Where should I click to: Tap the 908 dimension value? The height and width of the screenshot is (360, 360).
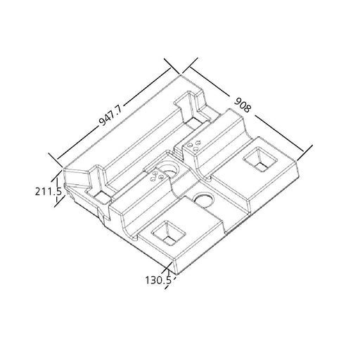[243, 105]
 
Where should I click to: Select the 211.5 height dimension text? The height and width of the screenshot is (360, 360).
[49, 191]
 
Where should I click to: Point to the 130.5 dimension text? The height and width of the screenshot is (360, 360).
[158, 281]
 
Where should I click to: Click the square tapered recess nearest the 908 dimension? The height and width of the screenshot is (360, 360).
[260, 160]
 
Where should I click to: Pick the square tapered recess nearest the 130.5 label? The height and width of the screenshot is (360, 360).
[169, 233]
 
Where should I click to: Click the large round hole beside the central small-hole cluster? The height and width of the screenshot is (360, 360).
[168, 170]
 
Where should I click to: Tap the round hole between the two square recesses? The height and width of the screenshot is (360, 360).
[203, 200]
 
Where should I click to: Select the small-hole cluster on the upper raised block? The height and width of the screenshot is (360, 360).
[194, 146]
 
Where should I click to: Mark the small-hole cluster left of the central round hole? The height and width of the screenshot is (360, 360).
[157, 176]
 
